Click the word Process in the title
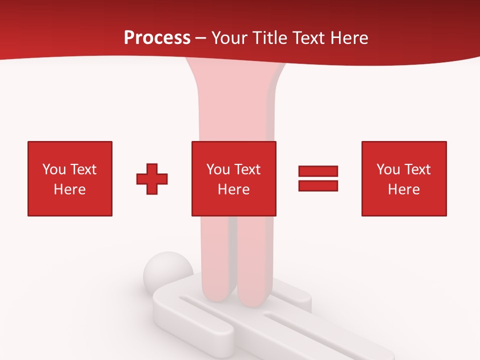pyautogui.click(x=157, y=38)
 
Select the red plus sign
pyautogui.click(x=152, y=179)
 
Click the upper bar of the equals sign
pyautogui.click(x=318, y=171)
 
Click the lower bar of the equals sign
pyautogui.click(x=318, y=186)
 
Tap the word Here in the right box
pyautogui.click(x=403, y=189)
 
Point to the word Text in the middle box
pyautogui.click(x=247, y=169)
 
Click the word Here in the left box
pyautogui.click(x=69, y=189)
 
